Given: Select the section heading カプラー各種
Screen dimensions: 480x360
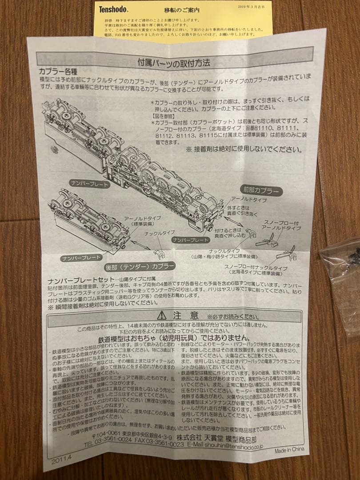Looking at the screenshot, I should [55, 71].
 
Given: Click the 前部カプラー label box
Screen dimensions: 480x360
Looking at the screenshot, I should [261, 191].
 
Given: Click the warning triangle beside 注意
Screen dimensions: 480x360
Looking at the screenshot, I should [162, 316].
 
